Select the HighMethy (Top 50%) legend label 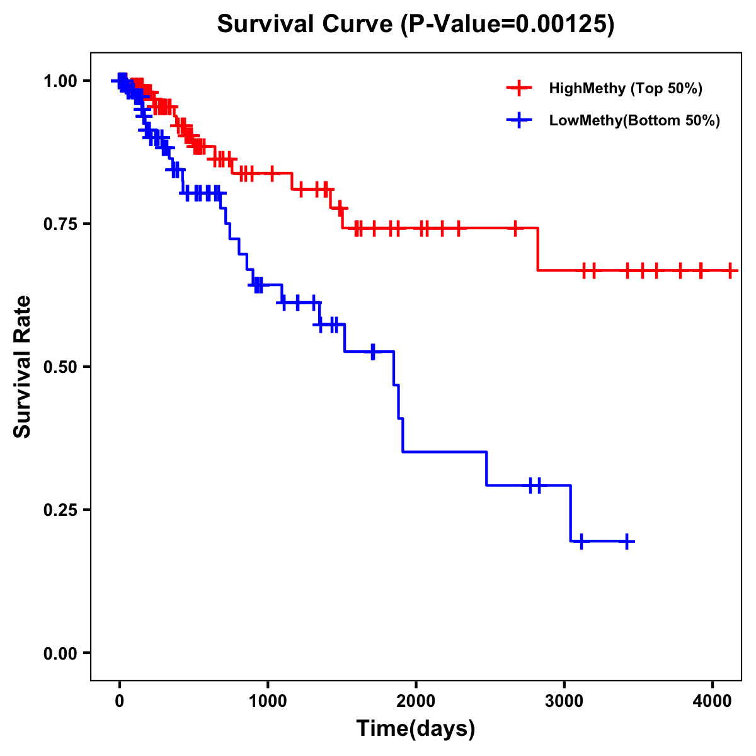coord(625,88)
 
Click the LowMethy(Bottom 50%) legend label coord(634,120)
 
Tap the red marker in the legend coord(519,88)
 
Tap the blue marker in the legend coord(519,120)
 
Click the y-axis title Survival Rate coord(23,366)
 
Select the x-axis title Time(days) coord(416,729)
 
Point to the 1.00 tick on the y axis coord(59,81)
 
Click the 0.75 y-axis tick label coord(59,224)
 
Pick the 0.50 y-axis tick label coord(59,367)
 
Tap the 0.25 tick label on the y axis coord(59,510)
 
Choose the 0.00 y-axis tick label coord(59,653)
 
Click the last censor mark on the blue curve coord(627,541)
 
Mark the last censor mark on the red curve coord(730,270)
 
